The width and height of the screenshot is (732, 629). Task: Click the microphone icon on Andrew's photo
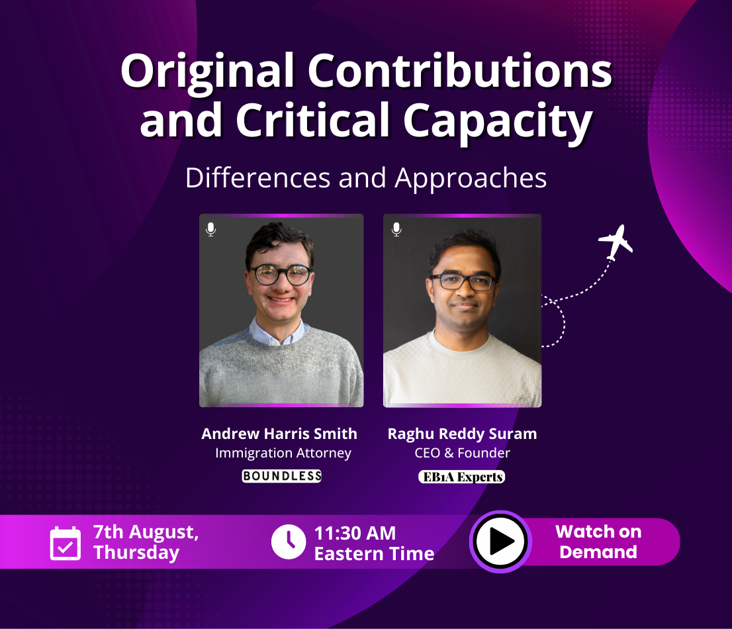[210, 229]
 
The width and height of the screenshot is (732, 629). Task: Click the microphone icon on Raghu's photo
[396, 229]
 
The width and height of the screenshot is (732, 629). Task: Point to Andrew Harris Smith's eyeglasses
[280, 274]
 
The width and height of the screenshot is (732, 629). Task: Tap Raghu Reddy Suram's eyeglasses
[463, 281]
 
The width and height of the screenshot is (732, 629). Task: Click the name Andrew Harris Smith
[279, 434]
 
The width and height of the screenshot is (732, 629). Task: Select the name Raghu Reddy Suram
[462, 434]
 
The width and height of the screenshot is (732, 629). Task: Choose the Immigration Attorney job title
[283, 454]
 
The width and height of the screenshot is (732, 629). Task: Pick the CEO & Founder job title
[462, 454]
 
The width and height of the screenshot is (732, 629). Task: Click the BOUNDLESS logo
[281, 476]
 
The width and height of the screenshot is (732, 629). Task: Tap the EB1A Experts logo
[461, 477]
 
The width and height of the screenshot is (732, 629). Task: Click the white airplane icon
[616, 242]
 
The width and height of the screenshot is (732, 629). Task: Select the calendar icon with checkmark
[66, 543]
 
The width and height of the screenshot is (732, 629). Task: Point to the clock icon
[289, 542]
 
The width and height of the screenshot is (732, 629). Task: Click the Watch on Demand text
[598, 542]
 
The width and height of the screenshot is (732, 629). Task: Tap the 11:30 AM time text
[355, 533]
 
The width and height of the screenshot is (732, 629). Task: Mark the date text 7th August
[146, 532]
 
